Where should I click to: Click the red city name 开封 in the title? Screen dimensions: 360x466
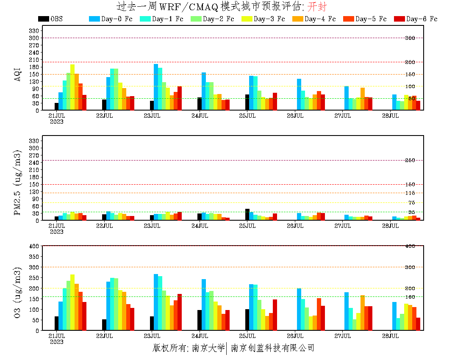tap(317, 7)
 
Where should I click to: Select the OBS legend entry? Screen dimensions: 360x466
tap(50, 19)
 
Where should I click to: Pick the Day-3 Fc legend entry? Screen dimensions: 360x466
tap(263, 19)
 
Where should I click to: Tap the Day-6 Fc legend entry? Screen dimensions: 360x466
tap(416, 19)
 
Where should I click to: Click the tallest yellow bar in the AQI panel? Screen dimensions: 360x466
tap(72, 87)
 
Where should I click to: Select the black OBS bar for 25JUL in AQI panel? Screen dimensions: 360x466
tap(247, 102)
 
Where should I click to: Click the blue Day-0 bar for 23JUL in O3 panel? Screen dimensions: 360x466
tap(156, 302)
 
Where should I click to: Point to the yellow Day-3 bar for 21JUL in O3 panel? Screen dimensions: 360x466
tap(72, 302)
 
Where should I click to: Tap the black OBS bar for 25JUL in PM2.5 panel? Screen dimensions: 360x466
tap(247, 214)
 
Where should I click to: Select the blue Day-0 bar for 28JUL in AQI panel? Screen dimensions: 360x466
tap(394, 102)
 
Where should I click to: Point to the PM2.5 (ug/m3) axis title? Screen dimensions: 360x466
tap(18, 183)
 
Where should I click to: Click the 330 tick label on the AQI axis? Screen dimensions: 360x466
tap(34, 31)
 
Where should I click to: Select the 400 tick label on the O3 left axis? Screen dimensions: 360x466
tap(34, 246)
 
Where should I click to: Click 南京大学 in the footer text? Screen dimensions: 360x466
tap(208, 348)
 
